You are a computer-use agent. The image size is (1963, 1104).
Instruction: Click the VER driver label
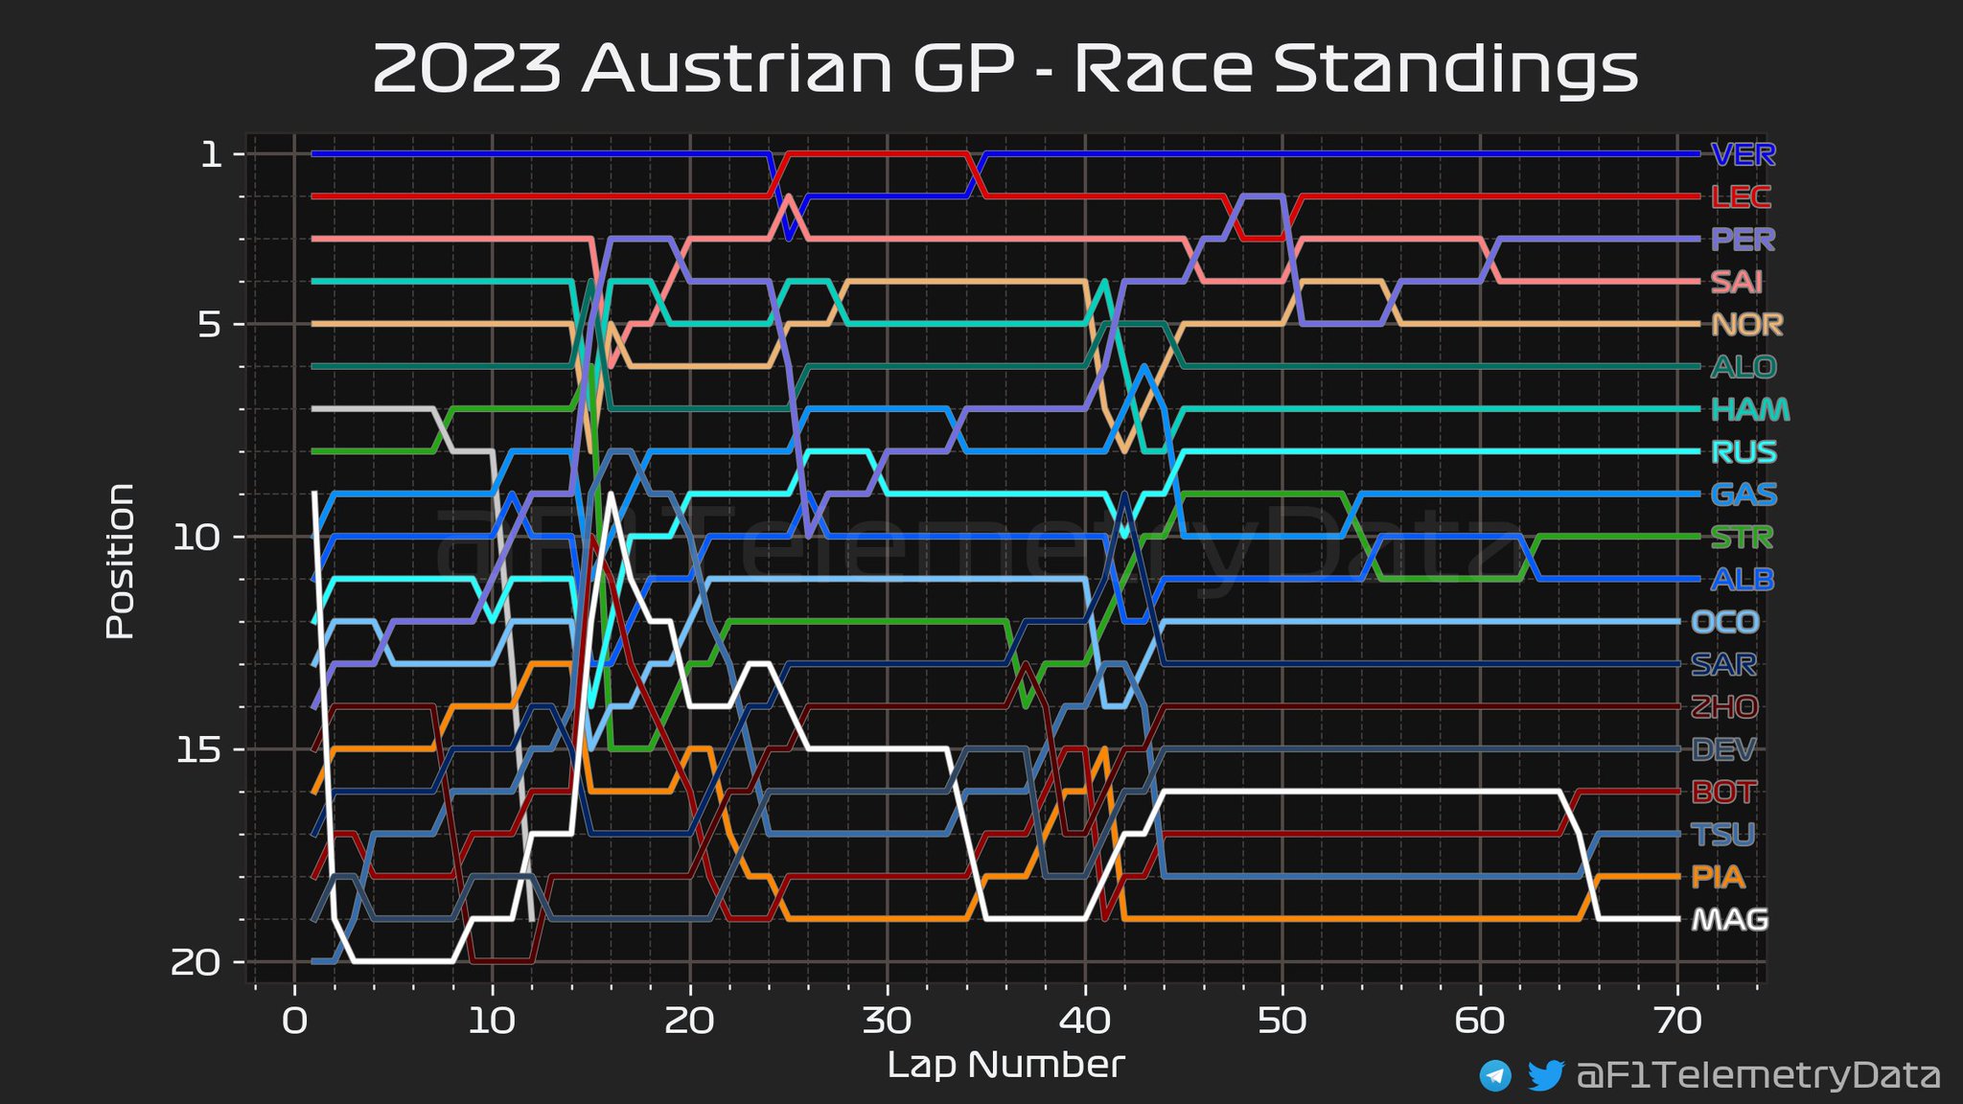click(1743, 154)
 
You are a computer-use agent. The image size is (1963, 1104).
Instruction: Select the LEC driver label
click(1741, 197)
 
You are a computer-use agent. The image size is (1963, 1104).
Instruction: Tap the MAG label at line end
click(1729, 920)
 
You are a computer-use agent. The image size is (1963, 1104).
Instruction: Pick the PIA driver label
click(1718, 877)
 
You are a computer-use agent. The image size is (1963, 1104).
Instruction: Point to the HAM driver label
click(1750, 409)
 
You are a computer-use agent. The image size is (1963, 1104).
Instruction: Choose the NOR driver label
click(1746, 325)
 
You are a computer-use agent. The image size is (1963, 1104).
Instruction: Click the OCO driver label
click(1724, 622)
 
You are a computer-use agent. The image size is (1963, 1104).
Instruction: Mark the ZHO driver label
click(1723, 707)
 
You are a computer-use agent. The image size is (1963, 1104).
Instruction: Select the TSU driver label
click(1723, 835)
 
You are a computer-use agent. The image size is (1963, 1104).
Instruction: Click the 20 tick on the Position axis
click(196, 962)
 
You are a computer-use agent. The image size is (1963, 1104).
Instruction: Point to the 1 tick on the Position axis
click(211, 154)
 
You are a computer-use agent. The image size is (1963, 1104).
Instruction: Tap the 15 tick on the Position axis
click(198, 749)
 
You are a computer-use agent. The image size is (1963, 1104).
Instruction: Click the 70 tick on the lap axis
click(1677, 1022)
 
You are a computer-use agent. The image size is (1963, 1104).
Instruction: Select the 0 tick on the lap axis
click(294, 1022)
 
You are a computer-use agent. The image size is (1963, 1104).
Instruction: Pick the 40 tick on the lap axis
click(1085, 1022)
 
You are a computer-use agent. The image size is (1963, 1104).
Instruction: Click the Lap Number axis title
click(1005, 1065)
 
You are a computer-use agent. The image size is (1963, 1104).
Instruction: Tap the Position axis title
click(120, 561)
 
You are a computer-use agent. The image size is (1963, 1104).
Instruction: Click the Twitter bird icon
click(1545, 1075)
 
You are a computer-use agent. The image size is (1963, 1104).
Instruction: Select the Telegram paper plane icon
click(1495, 1075)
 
